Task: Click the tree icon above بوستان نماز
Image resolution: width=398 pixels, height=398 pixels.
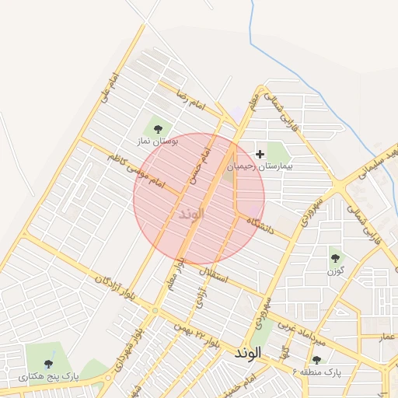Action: coord(159,129)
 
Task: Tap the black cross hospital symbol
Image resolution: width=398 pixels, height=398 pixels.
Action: coord(260,155)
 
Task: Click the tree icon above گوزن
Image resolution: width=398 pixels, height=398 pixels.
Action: coord(335,257)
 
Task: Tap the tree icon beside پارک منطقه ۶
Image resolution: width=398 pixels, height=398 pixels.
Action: coord(316,360)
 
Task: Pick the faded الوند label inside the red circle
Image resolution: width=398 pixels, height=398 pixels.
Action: coord(190,213)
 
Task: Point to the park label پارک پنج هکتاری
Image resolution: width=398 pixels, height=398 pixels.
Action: coord(50,377)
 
